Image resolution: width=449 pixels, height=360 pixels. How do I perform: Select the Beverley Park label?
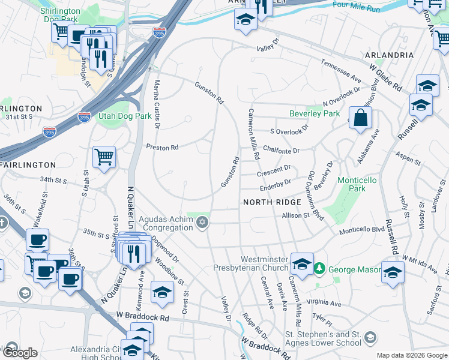tap(315, 113)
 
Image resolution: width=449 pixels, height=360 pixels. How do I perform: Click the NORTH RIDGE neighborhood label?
tap(272, 202)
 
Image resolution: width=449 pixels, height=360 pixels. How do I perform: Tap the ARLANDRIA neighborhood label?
tap(389, 55)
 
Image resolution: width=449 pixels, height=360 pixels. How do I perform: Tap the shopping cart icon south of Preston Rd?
tap(104, 157)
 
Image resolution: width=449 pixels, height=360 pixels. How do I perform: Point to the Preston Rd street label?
tap(163, 147)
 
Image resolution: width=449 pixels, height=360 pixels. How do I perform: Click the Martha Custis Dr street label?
tap(157, 104)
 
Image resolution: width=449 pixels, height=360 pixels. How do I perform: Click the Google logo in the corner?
tap(19, 353)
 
